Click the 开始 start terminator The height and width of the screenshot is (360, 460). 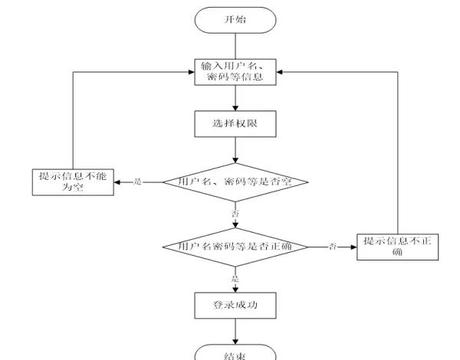[x=235, y=19]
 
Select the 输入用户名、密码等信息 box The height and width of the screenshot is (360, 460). [x=235, y=73]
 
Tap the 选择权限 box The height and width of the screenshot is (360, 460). [x=235, y=123]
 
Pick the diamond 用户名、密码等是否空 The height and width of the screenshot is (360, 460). [x=235, y=182]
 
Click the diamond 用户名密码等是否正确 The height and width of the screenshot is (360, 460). [x=235, y=247]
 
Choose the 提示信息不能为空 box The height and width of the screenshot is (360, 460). [x=73, y=182]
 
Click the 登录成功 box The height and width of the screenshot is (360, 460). [x=235, y=306]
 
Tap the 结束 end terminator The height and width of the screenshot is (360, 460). [x=235, y=354]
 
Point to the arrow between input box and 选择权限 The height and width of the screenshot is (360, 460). [x=235, y=97]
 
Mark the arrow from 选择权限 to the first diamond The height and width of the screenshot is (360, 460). [x=235, y=149]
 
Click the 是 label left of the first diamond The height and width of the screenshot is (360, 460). [x=138, y=182]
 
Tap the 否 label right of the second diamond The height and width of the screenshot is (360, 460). [x=332, y=247]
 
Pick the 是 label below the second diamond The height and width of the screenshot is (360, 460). [x=235, y=278]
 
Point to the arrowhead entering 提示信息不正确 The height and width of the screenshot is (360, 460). [x=353, y=247]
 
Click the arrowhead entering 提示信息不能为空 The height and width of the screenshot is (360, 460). [x=117, y=182]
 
